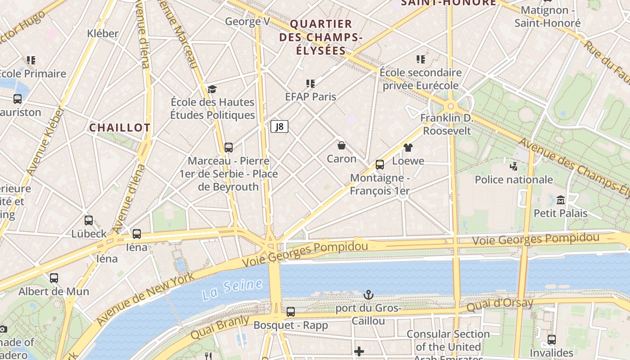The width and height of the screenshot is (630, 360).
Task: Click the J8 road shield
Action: pos(279,126)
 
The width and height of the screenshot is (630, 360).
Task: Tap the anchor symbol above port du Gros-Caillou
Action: pos(369,295)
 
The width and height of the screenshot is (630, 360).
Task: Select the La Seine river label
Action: pos(232,289)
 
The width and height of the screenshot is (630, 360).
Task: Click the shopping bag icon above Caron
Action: pos(342,145)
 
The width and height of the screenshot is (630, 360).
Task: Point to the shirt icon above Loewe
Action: pos(408,147)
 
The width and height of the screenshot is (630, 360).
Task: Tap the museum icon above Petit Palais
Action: pos(561,199)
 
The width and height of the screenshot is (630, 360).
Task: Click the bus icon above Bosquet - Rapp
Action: pos(291,311)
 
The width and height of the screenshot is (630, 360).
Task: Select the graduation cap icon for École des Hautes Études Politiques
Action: pos(212,89)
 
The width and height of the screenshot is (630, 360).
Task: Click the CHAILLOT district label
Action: pos(120,128)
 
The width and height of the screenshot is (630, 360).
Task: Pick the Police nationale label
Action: pos(514,180)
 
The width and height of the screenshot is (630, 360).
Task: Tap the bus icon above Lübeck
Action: pos(89,220)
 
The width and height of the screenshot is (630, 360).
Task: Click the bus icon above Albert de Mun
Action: pos(54,278)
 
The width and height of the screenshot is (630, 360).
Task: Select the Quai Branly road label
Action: pos(220,328)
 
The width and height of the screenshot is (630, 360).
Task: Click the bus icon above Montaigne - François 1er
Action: pos(380,165)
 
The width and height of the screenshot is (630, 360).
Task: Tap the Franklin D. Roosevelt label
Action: pos(447,125)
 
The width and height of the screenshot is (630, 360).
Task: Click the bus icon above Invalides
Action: pos(552,339)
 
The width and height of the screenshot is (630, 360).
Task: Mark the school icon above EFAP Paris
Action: pos(310,83)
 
